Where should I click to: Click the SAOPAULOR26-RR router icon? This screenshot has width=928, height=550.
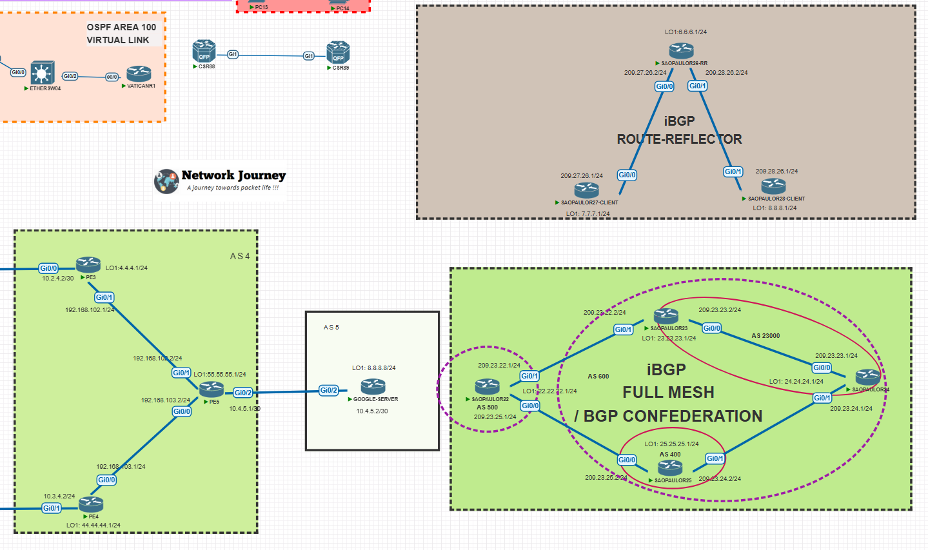[681, 50]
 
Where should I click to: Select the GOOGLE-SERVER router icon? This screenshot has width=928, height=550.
[373, 387]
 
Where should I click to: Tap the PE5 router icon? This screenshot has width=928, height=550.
[212, 389]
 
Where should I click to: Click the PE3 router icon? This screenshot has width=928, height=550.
[88, 264]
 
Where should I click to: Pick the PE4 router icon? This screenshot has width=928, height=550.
[92, 504]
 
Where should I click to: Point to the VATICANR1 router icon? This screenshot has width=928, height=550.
[139, 74]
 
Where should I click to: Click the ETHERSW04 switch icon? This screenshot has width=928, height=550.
[43, 73]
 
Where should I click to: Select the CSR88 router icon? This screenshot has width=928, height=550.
[204, 52]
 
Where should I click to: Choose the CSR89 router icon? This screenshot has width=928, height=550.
[338, 53]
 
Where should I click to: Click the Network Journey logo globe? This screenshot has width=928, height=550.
[166, 181]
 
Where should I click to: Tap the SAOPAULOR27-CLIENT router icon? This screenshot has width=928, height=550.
[587, 190]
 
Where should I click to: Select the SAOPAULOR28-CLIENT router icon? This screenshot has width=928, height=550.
[773, 186]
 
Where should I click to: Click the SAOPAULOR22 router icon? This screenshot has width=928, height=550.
[488, 386]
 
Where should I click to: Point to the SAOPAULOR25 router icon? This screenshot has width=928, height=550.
[670, 467]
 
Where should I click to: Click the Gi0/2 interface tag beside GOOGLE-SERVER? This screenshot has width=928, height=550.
[329, 390]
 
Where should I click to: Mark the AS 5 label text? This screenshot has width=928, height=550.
[331, 328]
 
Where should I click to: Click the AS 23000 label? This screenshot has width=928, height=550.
[765, 336]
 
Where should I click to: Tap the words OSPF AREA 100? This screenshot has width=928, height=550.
[121, 27]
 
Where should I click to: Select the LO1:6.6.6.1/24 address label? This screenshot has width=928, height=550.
[686, 32]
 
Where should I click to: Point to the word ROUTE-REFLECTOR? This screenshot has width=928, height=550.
[679, 139]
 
